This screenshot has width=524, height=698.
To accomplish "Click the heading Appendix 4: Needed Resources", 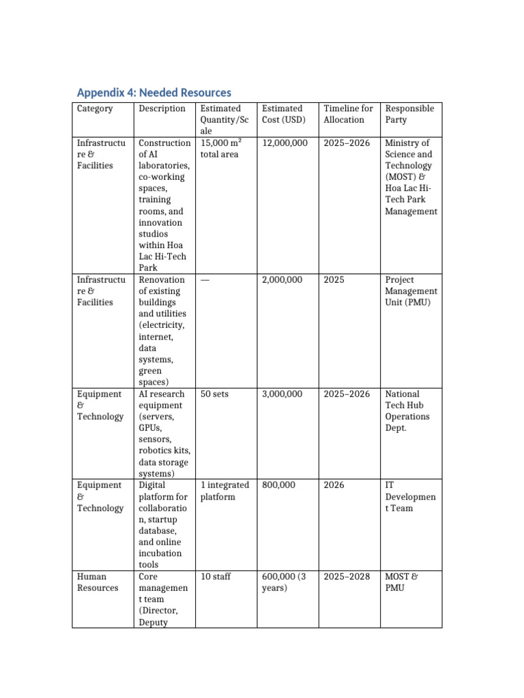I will pyautogui.click(x=154, y=93).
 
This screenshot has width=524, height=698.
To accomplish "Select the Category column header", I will pyautogui.click(x=95, y=108).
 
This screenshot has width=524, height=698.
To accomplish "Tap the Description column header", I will pyautogui.click(x=162, y=108).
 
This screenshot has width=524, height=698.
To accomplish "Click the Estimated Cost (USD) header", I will pyautogui.click(x=282, y=114).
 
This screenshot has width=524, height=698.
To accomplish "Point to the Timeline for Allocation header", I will pyautogui.click(x=348, y=114).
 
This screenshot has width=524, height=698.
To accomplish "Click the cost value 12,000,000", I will pyautogui.click(x=285, y=143).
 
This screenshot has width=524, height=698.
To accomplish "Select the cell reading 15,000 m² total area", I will pyautogui.click(x=222, y=149).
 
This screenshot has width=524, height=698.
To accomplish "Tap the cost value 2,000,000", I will pyautogui.click(x=282, y=280).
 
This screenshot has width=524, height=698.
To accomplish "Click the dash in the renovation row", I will pyautogui.click(x=205, y=280).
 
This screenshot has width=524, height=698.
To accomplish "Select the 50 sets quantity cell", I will pyautogui.click(x=215, y=394).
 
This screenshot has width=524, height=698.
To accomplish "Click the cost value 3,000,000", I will pyautogui.click(x=282, y=394).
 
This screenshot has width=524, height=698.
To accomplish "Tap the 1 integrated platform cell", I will pyautogui.click(x=224, y=491).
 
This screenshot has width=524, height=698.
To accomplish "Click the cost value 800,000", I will pyautogui.click(x=278, y=485).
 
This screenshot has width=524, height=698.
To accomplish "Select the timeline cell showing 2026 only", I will pyautogui.click(x=334, y=485).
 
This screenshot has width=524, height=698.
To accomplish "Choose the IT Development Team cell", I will pyautogui.click(x=410, y=496).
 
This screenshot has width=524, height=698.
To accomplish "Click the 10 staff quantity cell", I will pyautogui.click(x=216, y=577).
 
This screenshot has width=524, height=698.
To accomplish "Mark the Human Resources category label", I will pyautogui.click(x=98, y=582).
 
